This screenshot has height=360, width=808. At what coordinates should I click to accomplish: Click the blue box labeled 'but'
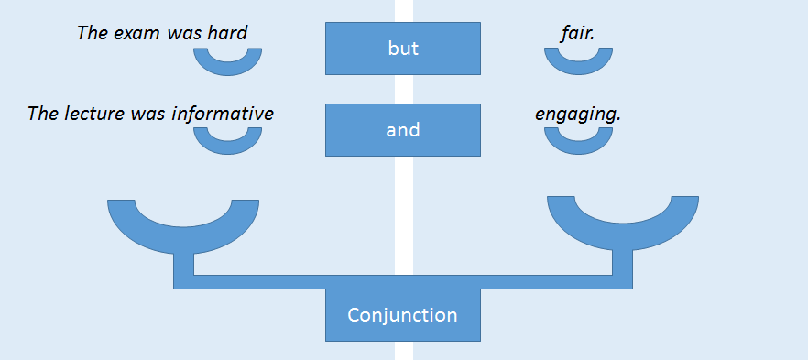tap(402, 49)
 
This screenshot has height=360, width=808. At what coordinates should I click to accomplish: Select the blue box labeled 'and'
tap(402, 130)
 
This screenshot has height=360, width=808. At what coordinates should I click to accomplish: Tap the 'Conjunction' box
tap(402, 315)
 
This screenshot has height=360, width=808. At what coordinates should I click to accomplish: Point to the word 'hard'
tap(227, 33)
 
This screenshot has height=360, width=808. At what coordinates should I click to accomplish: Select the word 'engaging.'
tap(578, 115)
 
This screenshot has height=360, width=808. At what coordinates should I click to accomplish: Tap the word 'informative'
tap(222, 114)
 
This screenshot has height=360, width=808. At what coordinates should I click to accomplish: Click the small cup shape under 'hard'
tap(228, 69)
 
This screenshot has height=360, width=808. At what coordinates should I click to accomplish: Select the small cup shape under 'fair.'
tap(578, 69)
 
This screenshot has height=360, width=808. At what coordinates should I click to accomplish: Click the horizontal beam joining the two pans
tap(402, 282)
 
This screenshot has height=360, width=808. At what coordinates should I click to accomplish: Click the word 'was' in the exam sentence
tap(184, 34)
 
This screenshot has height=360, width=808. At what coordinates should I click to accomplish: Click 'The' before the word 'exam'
tap(92, 33)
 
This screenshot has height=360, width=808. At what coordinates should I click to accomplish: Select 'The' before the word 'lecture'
tap(43, 114)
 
